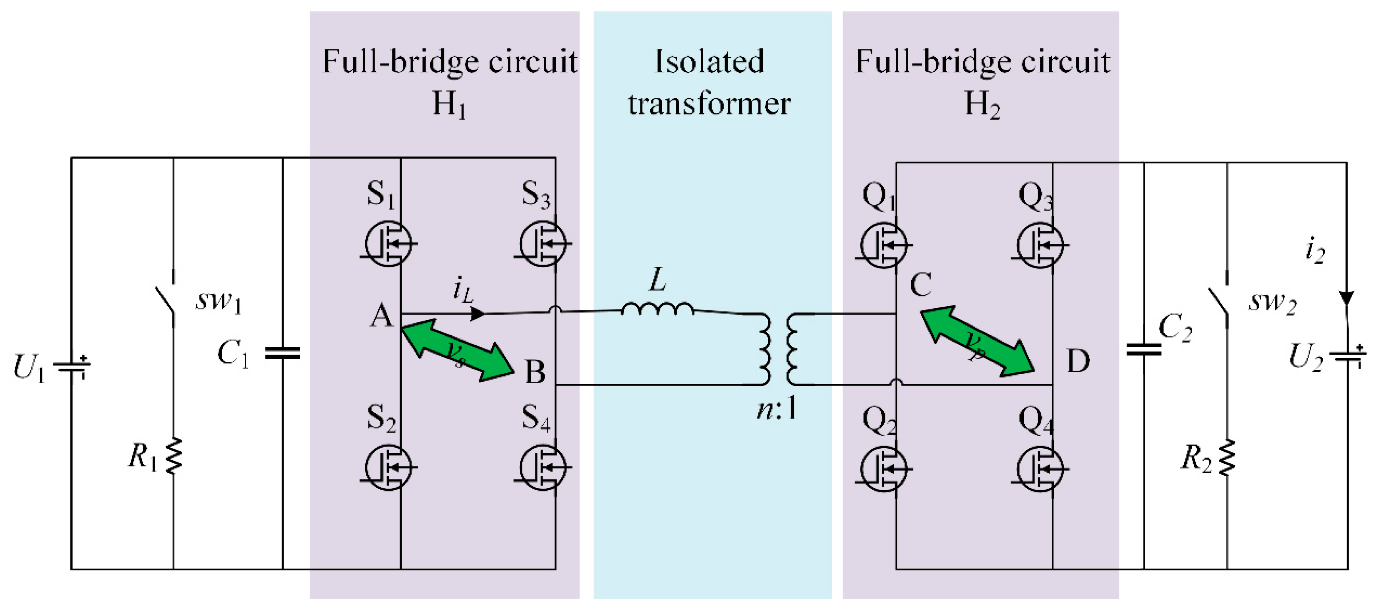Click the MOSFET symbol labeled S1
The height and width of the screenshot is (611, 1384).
point(388,244)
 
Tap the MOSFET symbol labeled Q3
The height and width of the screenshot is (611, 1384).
point(1040,245)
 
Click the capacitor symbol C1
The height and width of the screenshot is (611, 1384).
point(282,353)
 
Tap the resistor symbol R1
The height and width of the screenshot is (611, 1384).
point(173,456)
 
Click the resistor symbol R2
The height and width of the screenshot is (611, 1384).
point(1227,457)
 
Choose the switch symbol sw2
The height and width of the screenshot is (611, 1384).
point(1218,304)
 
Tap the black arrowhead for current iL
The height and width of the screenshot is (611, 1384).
point(477,313)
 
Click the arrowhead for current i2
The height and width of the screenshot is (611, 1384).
point(1346,298)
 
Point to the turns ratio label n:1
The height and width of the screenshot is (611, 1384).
point(777,410)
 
